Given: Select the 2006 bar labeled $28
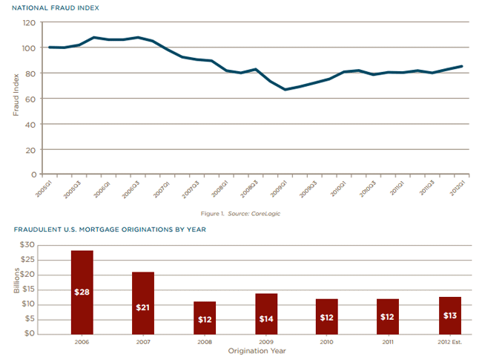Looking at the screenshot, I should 82,292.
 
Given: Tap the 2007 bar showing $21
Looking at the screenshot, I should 143,303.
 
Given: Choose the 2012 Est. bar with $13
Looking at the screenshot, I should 450,315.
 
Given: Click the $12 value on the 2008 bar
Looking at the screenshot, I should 205,319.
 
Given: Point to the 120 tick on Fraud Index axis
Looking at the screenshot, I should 29,23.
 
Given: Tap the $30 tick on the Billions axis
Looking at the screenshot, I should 27,245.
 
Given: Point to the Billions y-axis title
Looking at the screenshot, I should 16,289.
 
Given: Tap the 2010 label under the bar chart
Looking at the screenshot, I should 327,342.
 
